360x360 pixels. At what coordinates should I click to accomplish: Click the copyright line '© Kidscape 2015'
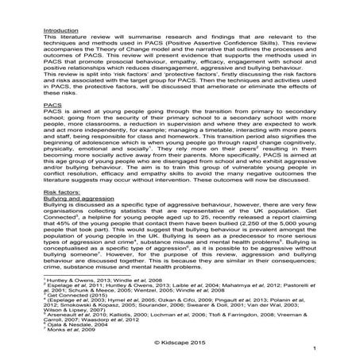(x=180, y=340)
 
